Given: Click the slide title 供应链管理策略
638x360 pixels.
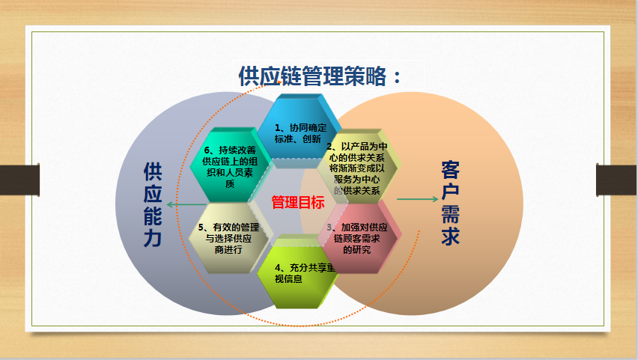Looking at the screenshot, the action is pyautogui.click(x=312, y=76).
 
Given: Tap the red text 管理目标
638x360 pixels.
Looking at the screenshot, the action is pyautogui.click(x=298, y=202).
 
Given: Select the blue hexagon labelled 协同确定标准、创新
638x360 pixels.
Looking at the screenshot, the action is pyautogui.click(x=299, y=131).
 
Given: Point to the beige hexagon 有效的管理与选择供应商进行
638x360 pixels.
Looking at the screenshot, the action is pyautogui.click(x=228, y=238).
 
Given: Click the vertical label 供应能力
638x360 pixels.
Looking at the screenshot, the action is pyautogui.click(x=153, y=204).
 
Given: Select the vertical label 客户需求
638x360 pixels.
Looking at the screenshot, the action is pyautogui.click(x=451, y=203).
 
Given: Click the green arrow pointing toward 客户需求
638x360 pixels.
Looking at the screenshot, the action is pyautogui.click(x=417, y=199).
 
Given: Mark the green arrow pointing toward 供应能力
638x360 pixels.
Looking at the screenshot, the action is pyautogui.click(x=187, y=204).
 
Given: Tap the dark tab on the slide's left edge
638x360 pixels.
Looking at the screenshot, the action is pyautogui.click(x=19, y=180).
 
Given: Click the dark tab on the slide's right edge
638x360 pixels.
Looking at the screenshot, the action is pyautogui.click(x=617, y=180).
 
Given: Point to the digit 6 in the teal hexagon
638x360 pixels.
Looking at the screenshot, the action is pyautogui.click(x=207, y=150).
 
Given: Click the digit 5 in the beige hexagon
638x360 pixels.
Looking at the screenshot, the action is pyautogui.click(x=201, y=228).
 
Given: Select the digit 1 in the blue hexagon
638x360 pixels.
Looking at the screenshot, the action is pyautogui.click(x=277, y=128).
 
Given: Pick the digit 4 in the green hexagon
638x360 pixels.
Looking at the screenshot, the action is pyautogui.click(x=278, y=268).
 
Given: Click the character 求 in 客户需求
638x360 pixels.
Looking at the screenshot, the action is pyautogui.click(x=451, y=236).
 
